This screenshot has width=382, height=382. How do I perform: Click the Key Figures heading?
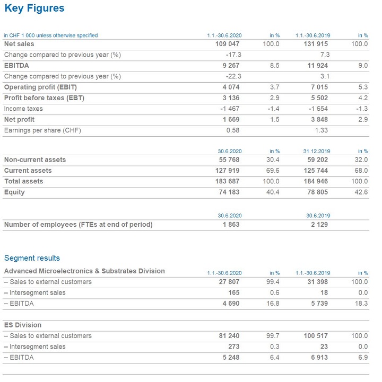[34, 8]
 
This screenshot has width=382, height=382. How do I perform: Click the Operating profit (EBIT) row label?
[40, 87]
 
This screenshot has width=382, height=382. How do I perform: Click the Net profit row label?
[20, 119]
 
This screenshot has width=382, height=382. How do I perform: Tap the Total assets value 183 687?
[227, 181]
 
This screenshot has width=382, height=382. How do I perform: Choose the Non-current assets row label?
[35, 159]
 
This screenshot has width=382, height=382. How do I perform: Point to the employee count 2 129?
[318, 225]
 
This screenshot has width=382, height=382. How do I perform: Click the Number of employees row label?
[78, 225]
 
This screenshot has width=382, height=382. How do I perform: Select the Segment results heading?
[32, 258]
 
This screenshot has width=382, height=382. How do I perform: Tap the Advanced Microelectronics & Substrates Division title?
[84, 271]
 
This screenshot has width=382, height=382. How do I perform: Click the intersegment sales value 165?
[234, 292]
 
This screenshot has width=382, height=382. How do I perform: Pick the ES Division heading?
[23, 325]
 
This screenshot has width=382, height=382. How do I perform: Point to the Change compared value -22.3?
[233, 76]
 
